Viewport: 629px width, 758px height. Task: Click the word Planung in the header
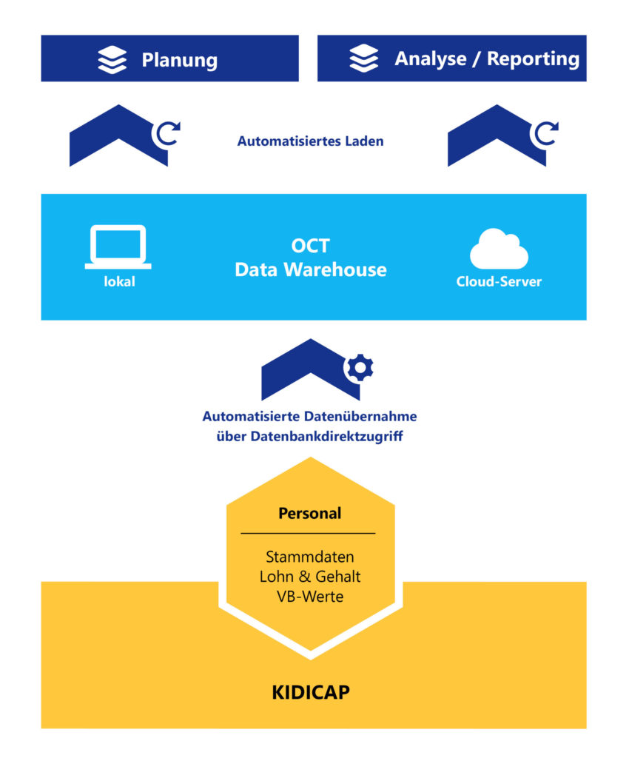click(179, 59)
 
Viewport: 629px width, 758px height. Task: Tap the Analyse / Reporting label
click(486, 58)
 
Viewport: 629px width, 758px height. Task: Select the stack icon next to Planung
click(112, 59)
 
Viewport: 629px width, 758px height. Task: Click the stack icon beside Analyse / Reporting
click(363, 58)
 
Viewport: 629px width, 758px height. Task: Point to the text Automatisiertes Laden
click(310, 141)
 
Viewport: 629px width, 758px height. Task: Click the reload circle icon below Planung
click(167, 133)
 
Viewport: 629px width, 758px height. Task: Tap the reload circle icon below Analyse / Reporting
click(546, 133)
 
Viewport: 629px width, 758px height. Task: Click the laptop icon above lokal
click(118, 246)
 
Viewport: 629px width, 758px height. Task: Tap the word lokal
click(119, 281)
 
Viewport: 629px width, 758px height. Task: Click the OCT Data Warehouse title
click(310, 258)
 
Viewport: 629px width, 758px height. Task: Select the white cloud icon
click(499, 249)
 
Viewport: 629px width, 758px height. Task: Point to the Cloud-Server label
click(499, 282)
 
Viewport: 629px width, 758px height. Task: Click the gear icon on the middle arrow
click(360, 367)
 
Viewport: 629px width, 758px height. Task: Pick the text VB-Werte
click(309, 596)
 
